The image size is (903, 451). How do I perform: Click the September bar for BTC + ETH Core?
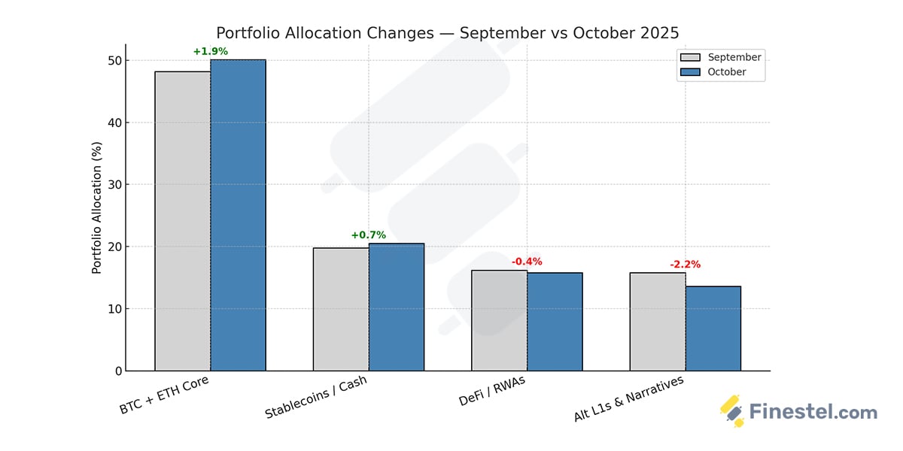point(183,221)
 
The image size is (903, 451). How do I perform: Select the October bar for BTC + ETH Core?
point(238,215)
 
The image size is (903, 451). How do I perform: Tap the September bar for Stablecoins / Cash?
point(341,309)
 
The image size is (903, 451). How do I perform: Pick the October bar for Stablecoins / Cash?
point(397,307)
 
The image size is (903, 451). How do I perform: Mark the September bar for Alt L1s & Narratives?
point(658,322)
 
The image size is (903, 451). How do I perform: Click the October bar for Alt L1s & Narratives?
point(713,328)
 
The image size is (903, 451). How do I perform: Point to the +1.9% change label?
point(210,52)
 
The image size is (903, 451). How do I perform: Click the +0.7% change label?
point(368,235)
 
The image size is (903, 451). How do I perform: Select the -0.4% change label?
point(527,262)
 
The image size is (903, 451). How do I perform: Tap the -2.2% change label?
point(685,265)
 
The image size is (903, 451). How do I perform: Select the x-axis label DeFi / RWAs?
point(493,391)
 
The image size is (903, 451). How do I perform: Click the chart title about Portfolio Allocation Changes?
point(447,33)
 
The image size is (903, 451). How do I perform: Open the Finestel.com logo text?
point(813,412)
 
